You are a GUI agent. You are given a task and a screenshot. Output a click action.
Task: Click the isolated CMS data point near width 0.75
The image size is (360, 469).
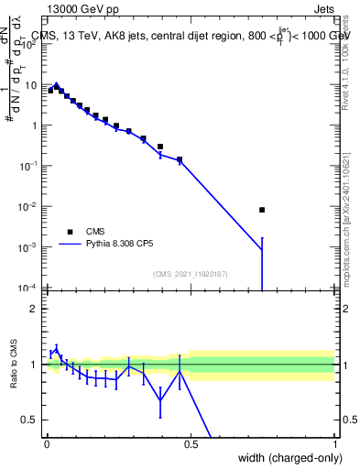point(262,210)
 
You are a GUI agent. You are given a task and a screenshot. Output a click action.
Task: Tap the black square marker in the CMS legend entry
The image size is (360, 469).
point(70,231)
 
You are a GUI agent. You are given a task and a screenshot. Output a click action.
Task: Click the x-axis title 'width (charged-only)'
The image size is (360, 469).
point(285,459)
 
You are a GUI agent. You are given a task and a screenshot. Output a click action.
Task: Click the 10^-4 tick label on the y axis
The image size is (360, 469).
point(30,288)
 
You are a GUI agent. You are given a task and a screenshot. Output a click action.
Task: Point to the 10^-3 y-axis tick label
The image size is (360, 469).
point(30,247)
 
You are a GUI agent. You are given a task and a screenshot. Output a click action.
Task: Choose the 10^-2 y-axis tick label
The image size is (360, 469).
point(30,207)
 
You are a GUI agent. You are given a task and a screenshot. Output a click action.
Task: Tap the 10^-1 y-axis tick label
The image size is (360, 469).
point(30,166)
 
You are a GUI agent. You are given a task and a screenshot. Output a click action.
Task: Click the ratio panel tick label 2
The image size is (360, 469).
point(36,309)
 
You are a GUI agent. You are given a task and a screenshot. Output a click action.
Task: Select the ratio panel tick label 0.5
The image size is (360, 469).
point(32,420)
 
